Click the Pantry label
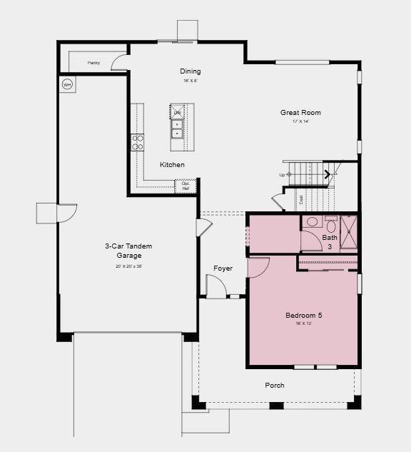pos(93,63)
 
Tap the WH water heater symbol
pos(68,84)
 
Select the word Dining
pos(190,71)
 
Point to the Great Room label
pos(300,112)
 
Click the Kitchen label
pos(172,165)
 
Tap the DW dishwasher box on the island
pos(177,113)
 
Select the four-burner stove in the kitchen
pos(137,141)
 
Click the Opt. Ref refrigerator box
pos(186,186)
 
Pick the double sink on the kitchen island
pos(177,129)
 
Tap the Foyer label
pos(223,268)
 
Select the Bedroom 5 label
pos(304,315)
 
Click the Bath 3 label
pos(330,242)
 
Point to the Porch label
pos(275,386)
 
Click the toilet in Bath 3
pos(313,222)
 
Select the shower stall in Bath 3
pos(348,232)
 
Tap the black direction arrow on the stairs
pos(328,174)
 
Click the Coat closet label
pos(301,200)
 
